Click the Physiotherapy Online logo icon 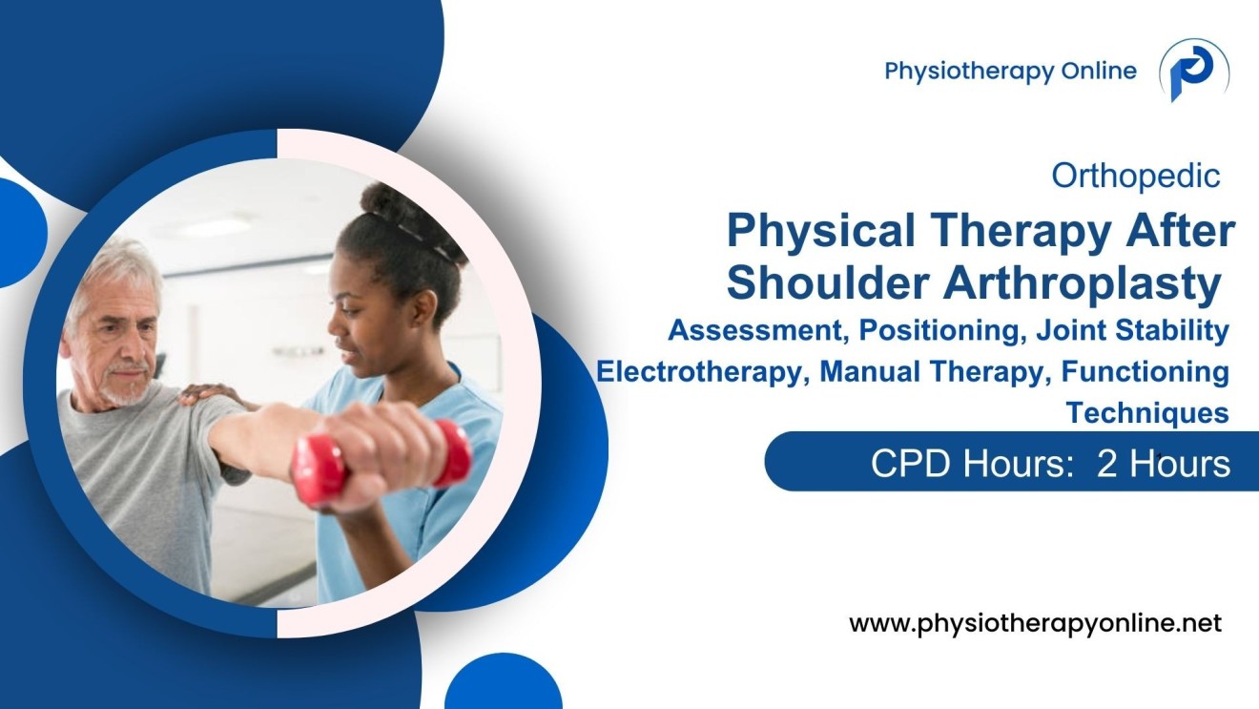(1194, 71)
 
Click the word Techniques (1147, 412)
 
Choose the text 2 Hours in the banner (1163, 464)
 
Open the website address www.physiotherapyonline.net (1035, 623)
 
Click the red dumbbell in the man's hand (382, 462)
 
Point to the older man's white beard (127, 388)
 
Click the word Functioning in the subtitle (1145, 372)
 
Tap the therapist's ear (425, 308)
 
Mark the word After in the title (1180, 231)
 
